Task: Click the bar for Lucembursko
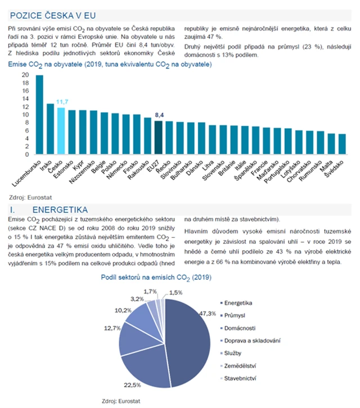tap(39, 115)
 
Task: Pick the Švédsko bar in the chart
tap(342, 144)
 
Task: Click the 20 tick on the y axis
tap(25, 75)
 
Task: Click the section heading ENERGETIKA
tap(63, 210)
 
